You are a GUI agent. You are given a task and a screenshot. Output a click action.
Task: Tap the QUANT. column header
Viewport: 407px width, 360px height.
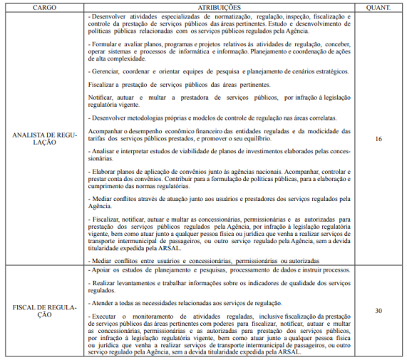point(378,6)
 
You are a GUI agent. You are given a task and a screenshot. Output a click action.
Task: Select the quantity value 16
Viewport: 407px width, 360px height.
point(378,138)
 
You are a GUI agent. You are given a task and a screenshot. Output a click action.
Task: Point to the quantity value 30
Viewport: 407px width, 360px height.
point(378,311)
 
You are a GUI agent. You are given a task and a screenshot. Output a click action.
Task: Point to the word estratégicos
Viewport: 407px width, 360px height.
point(324,72)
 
